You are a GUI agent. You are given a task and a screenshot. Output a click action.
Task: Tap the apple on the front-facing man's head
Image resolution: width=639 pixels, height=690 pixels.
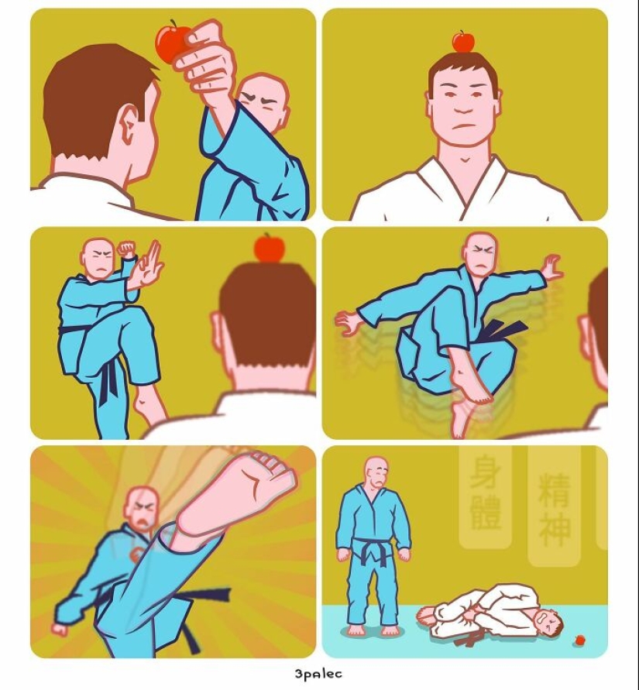(x=463, y=42)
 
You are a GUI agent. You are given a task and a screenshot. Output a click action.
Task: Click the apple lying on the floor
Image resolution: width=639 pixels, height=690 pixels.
(x=579, y=640)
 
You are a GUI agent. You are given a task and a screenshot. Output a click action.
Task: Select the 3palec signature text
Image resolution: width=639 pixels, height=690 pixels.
(x=318, y=674)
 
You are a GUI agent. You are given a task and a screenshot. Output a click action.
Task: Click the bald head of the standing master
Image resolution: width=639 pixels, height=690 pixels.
(x=376, y=470)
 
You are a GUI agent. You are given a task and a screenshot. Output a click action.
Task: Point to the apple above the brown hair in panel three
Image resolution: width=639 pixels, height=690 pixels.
(x=269, y=249)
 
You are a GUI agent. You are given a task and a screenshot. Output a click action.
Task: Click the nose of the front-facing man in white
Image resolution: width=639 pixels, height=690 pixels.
(x=462, y=108)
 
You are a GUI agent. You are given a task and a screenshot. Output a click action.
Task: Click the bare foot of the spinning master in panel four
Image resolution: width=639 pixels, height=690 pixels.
(x=473, y=388)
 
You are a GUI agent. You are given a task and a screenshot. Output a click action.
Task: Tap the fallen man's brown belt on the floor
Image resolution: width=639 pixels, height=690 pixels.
(x=466, y=640)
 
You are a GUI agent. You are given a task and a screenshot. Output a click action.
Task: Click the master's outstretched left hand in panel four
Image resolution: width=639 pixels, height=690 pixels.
(x=552, y=269)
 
